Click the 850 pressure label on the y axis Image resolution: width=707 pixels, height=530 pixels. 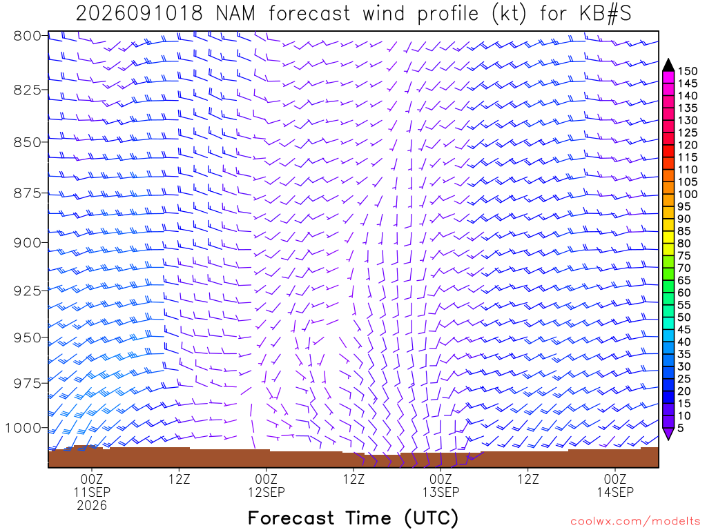(27, 142)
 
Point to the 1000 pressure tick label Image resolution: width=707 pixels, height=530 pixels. (23, 428)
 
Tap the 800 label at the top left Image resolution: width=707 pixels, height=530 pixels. (27, 36)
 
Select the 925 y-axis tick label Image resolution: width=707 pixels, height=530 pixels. (27, 291)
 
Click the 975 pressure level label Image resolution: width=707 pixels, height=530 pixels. (27, 384)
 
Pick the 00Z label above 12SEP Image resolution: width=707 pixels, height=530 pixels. (266, 479)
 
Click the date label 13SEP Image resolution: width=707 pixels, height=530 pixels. (440, 492)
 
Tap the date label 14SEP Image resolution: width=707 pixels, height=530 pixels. (615, 492)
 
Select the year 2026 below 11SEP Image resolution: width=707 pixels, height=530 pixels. (92, 506)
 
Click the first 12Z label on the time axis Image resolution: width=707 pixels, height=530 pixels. (179, 479)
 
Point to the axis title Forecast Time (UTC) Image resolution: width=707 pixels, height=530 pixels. (353, 518)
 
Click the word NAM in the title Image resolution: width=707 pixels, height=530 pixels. (235, 14)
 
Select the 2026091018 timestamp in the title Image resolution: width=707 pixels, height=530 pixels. (139, 14)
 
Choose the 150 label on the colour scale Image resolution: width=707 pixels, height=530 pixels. (688, 71)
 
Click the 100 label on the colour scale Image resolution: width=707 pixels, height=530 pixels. (688, 194)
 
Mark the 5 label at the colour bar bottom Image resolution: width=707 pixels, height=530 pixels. (681, 428)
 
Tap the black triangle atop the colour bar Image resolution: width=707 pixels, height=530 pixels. (668, 66)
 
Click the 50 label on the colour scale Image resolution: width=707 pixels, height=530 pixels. (684, 317)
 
